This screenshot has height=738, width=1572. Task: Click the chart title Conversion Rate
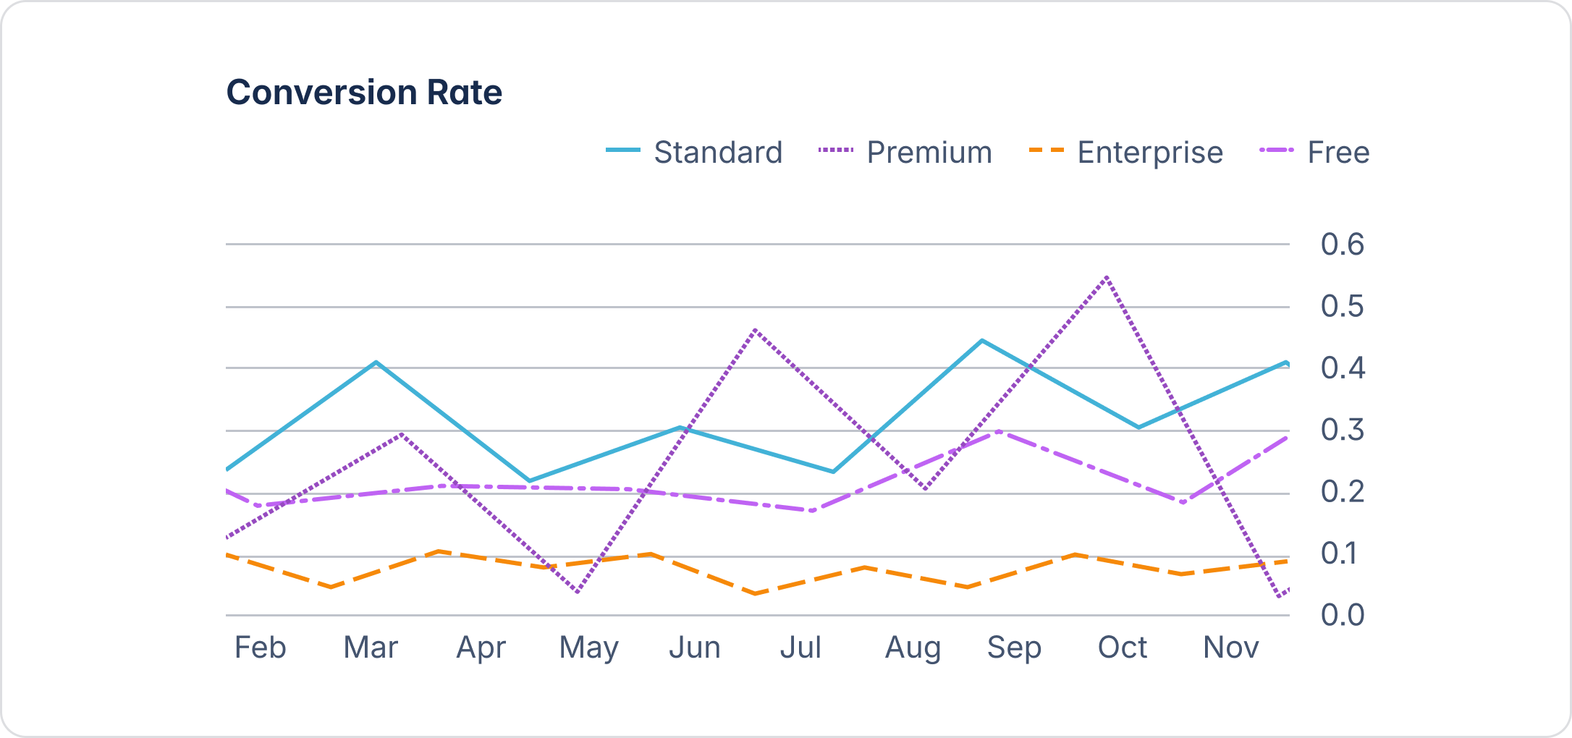click(x=364, y=93)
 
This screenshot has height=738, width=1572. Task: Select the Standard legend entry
click(x=695, y=153)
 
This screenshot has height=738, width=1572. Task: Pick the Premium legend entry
click(x=905, y=153)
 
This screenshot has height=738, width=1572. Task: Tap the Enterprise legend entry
click(x=1126, y=153)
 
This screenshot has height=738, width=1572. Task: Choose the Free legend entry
click(x=1314, y=153)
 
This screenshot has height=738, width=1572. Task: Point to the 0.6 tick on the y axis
click(x=1342, y=245)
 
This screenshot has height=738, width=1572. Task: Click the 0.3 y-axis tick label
click(x=1342, y=430)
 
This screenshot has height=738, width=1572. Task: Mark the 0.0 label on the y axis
click(x=1342, y=615)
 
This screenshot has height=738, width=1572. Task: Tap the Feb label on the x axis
click(x=261, y=648)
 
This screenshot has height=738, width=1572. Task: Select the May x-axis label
click(x=588, y=648)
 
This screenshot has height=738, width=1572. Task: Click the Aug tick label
click(x=913, y=648)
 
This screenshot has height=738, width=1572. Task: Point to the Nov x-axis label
click(x=1230, y=648)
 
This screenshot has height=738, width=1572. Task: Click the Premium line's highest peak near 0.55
click(x=1107, y=277)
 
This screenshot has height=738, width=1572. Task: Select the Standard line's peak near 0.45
click(x=981, y=340)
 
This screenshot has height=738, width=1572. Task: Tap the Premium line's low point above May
click(x=577, y=592)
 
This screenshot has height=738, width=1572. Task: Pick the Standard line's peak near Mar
click(x=376, y=362)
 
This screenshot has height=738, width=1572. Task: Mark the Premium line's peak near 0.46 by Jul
click(x=755, y=330)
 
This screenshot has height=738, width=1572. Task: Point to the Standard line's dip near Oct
click(x=1138, y=428)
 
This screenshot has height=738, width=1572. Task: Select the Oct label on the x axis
click(x=1122, y=648)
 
